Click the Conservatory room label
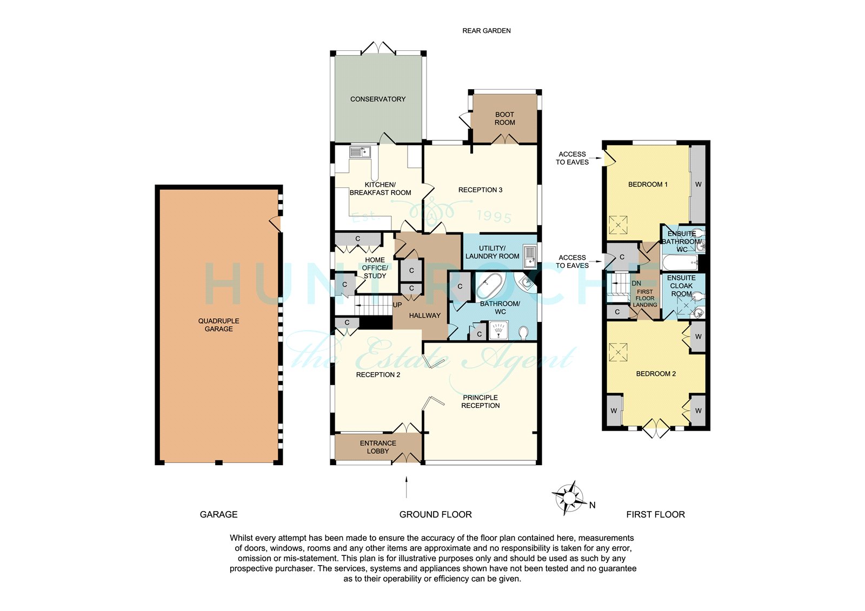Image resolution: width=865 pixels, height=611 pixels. pos(378,99)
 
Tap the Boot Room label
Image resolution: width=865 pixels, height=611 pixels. pos(504,118)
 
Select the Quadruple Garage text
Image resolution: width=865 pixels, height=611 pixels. pos(218,325)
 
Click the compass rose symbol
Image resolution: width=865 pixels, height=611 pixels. pos(568,498)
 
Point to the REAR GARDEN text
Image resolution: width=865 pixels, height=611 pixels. pos(486,31)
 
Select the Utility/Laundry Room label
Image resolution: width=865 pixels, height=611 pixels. pos(492,252)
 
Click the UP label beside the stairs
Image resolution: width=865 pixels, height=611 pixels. pos(397,305)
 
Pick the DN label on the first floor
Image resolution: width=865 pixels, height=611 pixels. pos(636,283)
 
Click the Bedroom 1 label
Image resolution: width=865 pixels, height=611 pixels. pos(648,185)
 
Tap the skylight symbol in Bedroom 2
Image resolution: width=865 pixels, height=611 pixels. pos(618,353)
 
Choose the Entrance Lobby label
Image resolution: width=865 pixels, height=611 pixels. pos(378,447)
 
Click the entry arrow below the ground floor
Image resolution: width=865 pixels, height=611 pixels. pos(406,487)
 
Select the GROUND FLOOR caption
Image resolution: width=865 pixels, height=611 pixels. pos(436,514)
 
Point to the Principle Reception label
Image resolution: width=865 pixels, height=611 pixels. pos(481,401)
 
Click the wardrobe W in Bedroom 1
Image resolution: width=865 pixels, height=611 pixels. pos(698,185)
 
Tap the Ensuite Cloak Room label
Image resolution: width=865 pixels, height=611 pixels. pos(681,286)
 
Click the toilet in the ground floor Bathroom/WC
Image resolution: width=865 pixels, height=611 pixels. pos(524,333)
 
